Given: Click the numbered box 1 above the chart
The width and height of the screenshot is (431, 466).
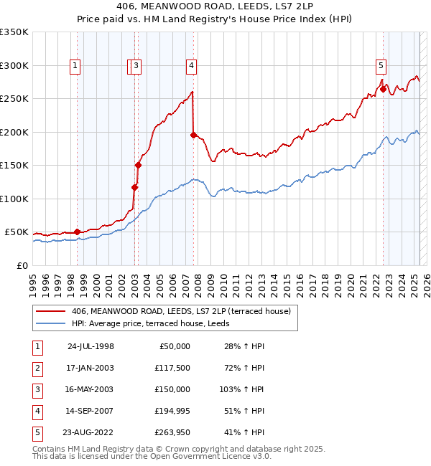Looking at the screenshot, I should [x=75, y=66].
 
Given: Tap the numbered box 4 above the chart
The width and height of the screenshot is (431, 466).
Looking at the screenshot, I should [x=192, y=66].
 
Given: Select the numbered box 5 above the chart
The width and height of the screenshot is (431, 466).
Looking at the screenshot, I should [x=381, y=66].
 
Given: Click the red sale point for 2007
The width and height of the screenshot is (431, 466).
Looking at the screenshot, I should [x=193, y=135].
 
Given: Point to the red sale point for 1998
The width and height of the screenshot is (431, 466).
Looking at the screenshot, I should [x=77, y=232].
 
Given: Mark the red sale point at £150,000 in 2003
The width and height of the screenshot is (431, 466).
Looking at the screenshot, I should [x=138, y=165].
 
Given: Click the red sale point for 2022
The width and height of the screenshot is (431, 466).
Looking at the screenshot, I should [x=383, y=89].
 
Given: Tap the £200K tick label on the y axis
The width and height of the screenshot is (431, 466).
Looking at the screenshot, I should [x=14, y=132].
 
